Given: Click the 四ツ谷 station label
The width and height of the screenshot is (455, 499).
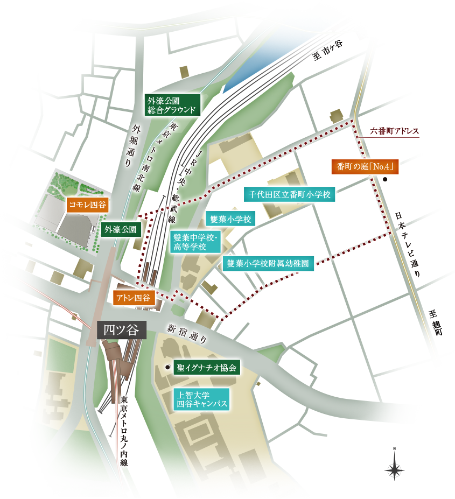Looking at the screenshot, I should (x=121, y=330).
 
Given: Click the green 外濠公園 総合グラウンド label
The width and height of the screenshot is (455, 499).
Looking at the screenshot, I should (x=172, y=105).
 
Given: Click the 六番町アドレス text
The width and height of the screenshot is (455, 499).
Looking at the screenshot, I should (x=394, y=131).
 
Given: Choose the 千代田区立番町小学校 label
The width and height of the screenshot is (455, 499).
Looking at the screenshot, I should (x=289, y=194).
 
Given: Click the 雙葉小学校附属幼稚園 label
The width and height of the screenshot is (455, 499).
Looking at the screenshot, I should (x=268, y=263).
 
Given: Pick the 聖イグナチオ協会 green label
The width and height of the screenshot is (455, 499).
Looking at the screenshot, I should (x=207, y=368).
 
